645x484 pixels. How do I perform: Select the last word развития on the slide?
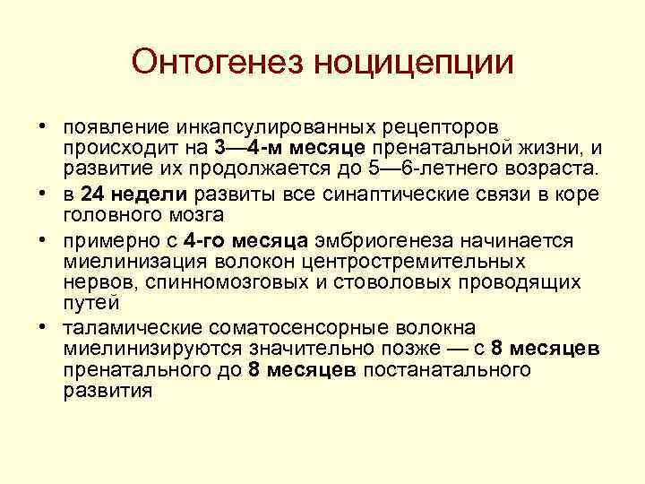click(107, 391)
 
